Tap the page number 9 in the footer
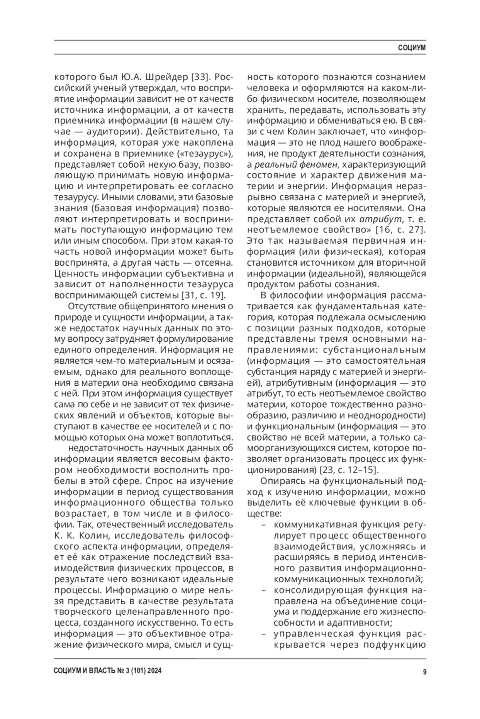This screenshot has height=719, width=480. coord(424,672)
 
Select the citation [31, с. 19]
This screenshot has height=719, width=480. coord(204,295)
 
